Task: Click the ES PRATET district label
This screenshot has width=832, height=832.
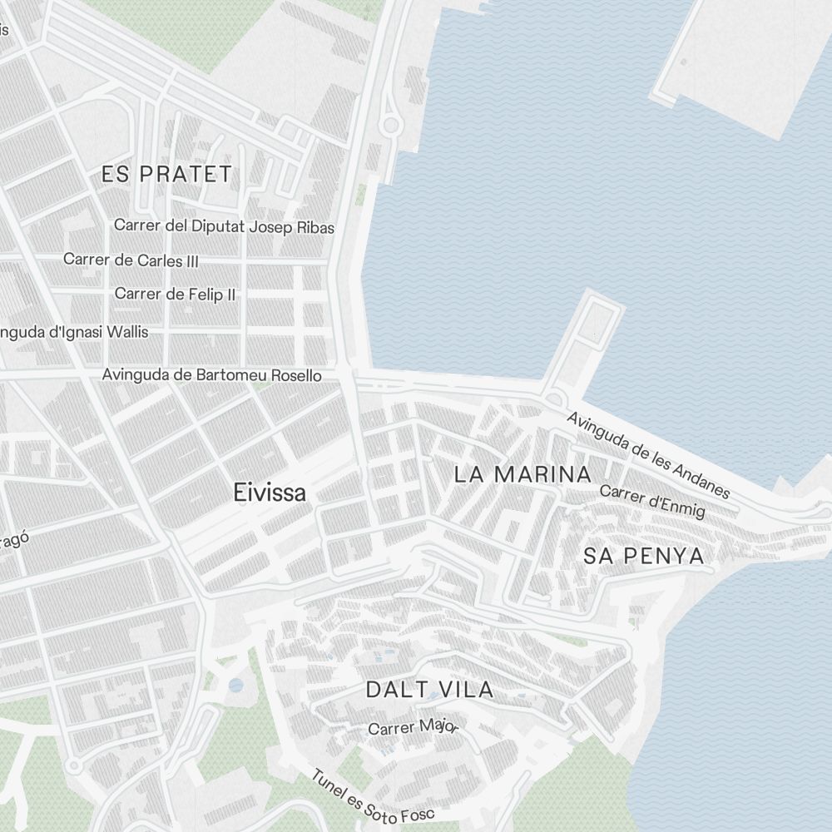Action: click(x=166, y=174)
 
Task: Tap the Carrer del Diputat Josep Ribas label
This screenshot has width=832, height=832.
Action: click(x=224, y=226)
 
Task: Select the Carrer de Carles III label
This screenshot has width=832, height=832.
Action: click(x=131, y=260)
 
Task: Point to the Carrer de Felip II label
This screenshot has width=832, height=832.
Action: click(x=175, y=294)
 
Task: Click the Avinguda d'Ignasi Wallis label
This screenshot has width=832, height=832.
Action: click(x=73, y=332)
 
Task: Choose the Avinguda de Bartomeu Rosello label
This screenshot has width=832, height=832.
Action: click(x=211, y=375)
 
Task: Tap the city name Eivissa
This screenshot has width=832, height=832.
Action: click(x=270, y=492)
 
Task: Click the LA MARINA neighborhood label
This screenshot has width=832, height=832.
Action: click(x=522, y=475)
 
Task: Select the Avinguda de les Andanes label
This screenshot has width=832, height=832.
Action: click(x=648, y=454)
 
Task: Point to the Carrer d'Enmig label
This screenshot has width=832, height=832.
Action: click(x=652, y=502)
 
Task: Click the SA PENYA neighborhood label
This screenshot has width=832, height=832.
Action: click(x=643, y=556)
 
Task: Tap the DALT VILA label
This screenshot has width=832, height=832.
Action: click(x=429, y=689)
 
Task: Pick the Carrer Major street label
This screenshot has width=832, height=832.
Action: click(x=413, y=727)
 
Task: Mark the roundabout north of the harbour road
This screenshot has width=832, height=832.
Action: click(x=389, y=126)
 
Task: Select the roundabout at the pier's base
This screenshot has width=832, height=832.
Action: click(x=554, y=399)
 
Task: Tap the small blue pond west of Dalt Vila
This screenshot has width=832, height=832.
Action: click(x=236, y=686)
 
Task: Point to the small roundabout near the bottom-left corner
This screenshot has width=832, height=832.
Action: click(x=74, y=764)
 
